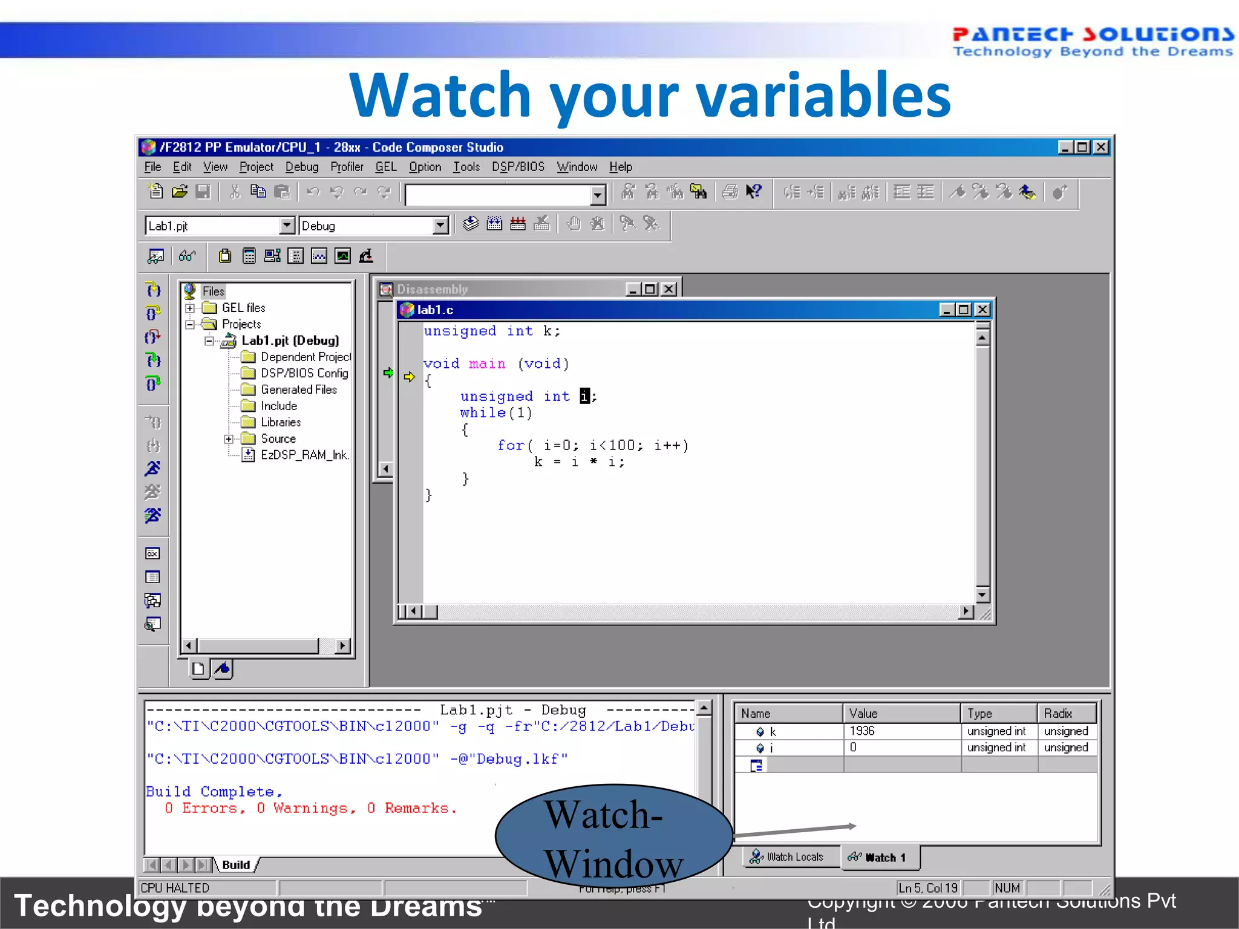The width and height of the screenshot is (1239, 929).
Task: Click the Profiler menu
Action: coord(347,167)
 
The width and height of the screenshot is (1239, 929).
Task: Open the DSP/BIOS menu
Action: coord(518,167)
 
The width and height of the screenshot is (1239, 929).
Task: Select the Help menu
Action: coord(620,167)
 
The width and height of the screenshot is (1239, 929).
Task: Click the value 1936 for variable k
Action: coord(862,731)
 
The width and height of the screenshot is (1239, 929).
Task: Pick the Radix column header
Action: coord(1058,714)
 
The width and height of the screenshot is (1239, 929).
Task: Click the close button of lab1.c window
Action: coord(982,310)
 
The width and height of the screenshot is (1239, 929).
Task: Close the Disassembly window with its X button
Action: coord(669,289)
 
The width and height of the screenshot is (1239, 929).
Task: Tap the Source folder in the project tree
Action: coord(278,438)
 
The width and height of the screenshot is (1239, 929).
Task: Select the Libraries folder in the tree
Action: coord(280,422)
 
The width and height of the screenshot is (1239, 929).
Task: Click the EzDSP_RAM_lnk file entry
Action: coord(304,455)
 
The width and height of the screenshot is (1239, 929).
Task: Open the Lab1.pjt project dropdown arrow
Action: coord(287,226)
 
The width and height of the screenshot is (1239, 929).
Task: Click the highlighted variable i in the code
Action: coord(584,396)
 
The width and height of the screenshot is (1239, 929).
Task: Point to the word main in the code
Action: coord(487,364)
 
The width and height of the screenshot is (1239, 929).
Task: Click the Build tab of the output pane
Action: coord(235,865)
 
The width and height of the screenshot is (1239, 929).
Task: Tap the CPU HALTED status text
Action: coord(175,888)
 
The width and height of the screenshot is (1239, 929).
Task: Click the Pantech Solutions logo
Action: coord(1092,41)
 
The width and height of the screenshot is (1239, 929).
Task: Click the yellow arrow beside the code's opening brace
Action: coord(410,377)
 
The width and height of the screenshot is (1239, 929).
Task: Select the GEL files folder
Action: coord(243,308)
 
